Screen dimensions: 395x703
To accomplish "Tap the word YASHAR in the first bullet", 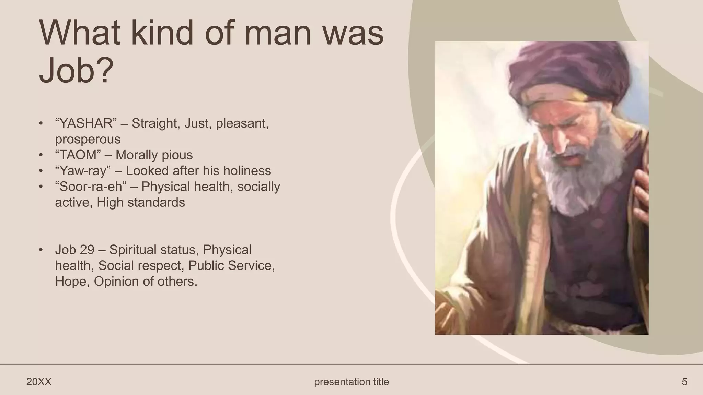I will coord(86,123).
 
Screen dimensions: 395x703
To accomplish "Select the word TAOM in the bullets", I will coord(78,155).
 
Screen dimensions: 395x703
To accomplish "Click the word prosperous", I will coord(88,139).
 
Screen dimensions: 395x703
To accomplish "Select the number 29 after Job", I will coord(87,250).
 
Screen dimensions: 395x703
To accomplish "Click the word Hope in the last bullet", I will coord(70,281).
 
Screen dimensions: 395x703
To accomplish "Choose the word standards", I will coord(156,202).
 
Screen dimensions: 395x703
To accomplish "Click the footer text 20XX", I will coord(39,382).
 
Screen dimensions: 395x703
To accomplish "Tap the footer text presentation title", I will coord(351,382).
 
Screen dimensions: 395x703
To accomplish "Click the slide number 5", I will coord(684,382).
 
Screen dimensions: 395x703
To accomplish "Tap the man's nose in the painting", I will coord(560,142).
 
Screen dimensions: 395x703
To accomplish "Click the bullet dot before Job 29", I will coord(41,250).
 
